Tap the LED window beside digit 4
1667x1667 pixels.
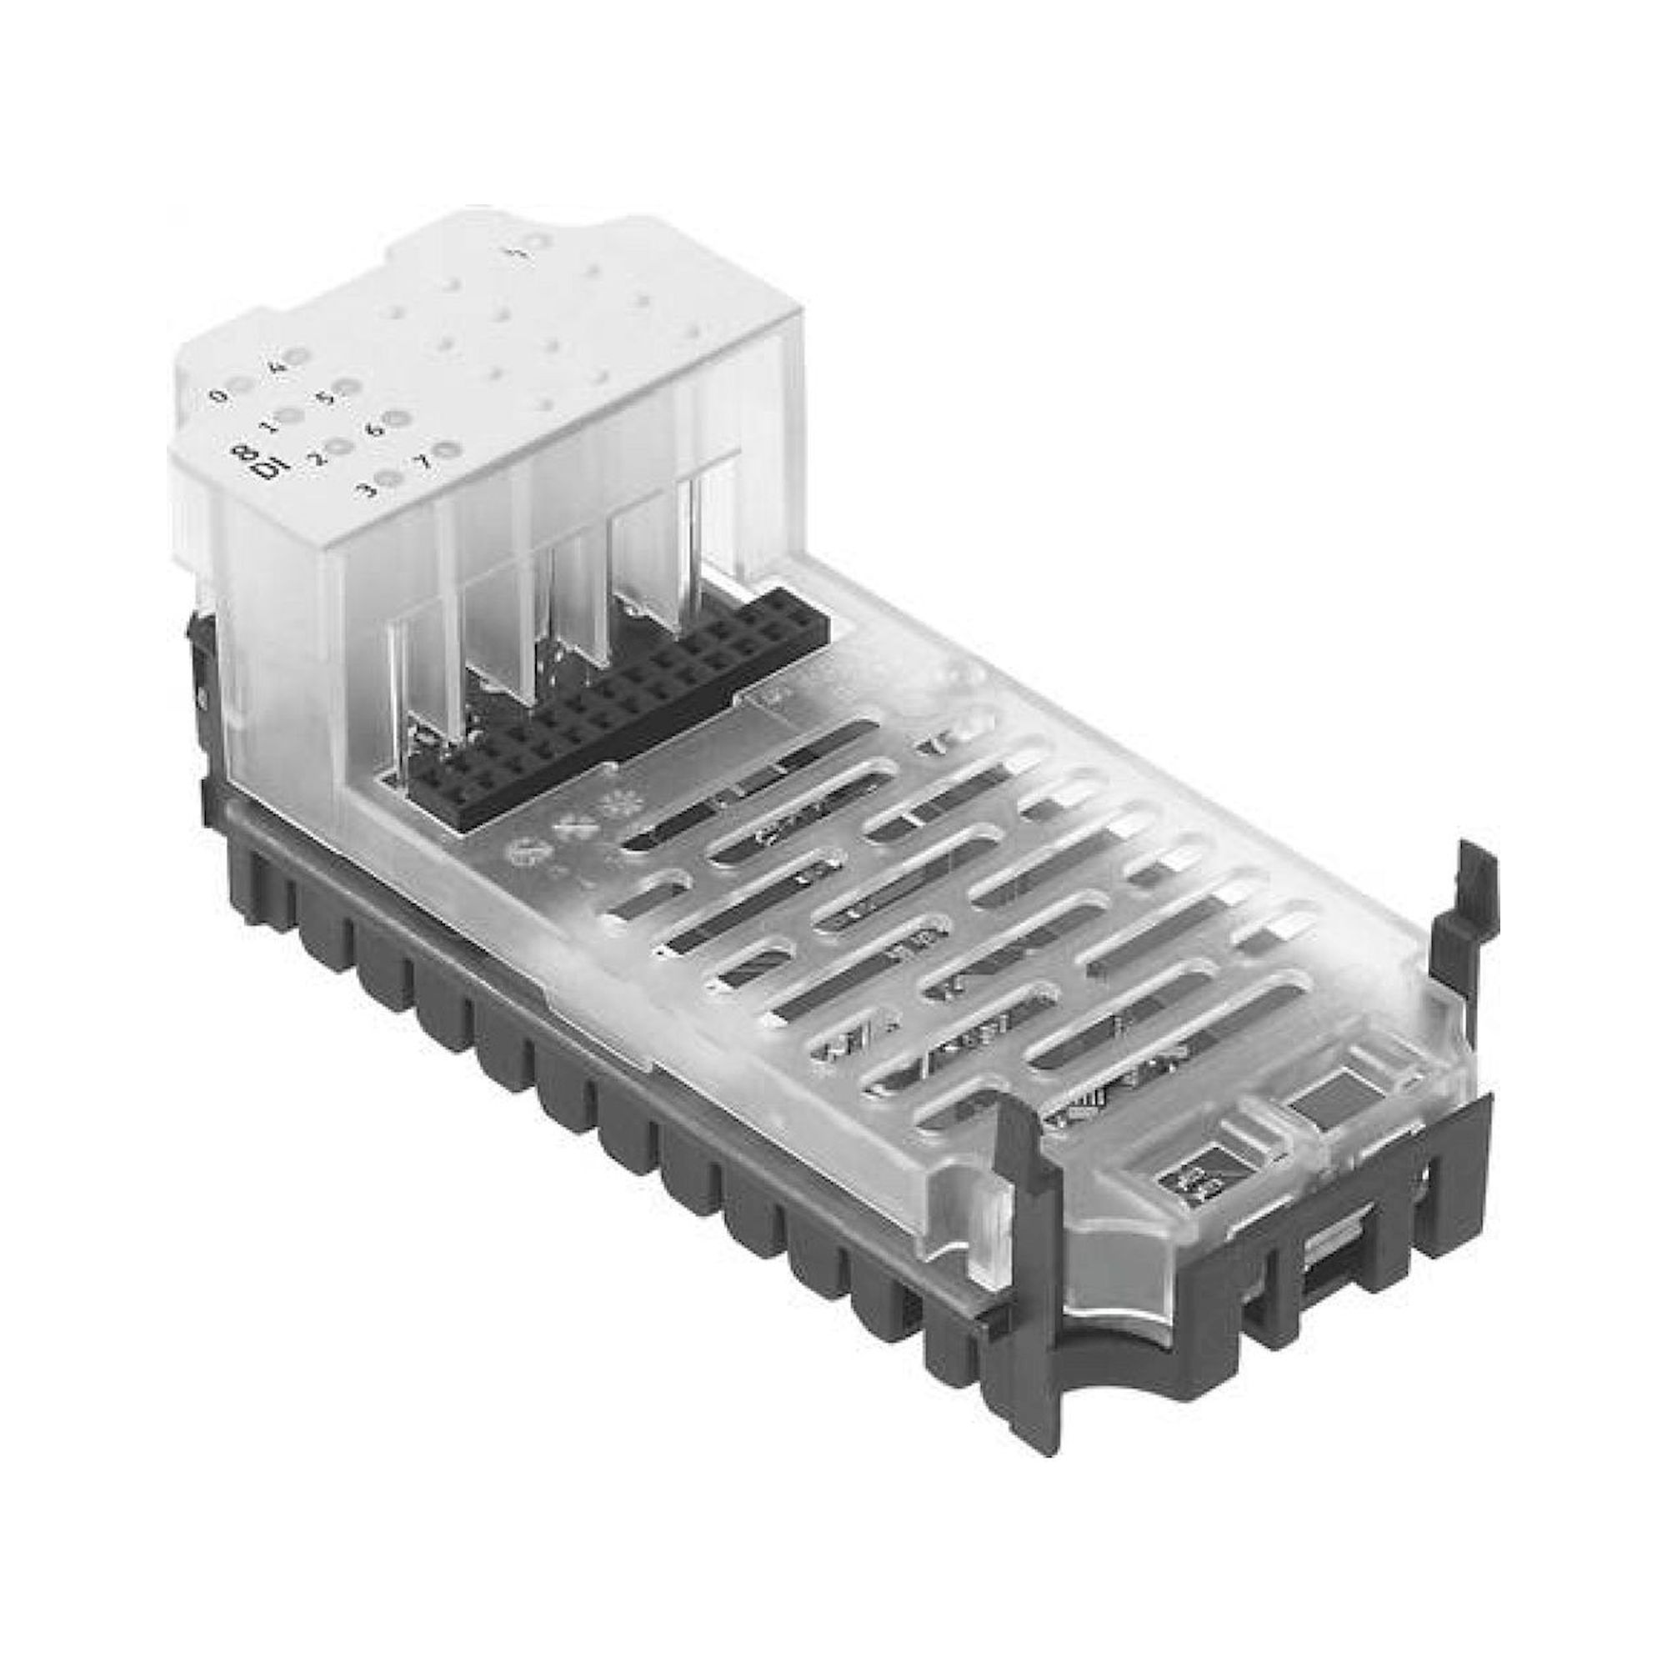[x=297, y=356]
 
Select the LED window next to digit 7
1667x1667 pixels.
[x=446, y=449]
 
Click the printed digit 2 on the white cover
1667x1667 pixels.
[x=318, y=458]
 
